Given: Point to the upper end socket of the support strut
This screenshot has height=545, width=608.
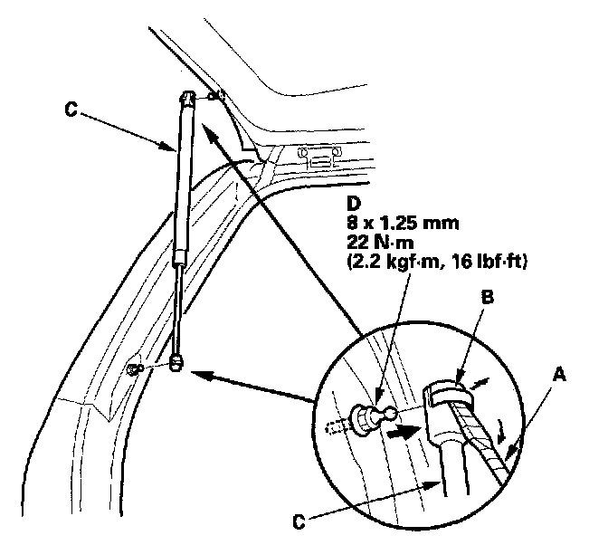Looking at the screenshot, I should coord(185,99).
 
